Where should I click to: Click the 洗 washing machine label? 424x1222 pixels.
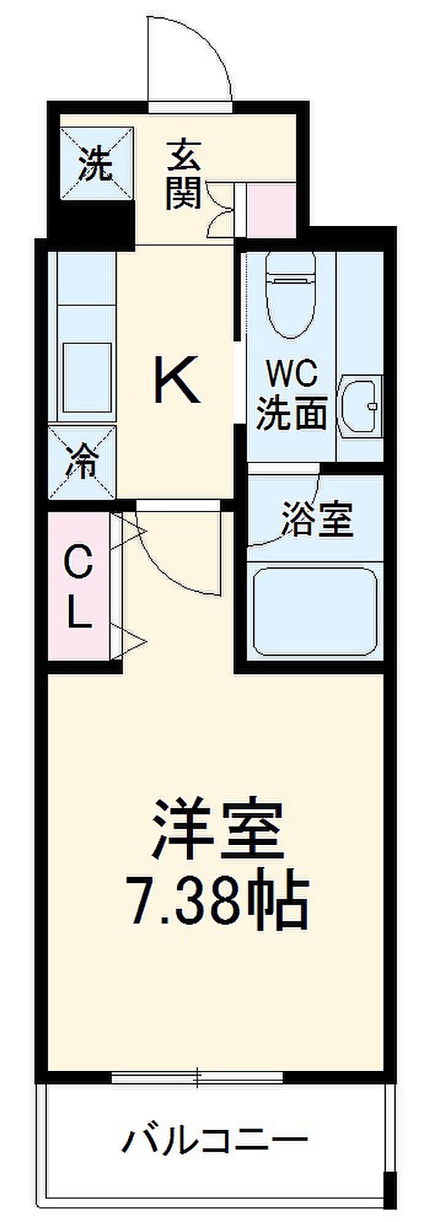(96, 164)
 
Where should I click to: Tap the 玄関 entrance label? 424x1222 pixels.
(183, 173)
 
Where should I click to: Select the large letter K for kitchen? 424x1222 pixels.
(176, 381)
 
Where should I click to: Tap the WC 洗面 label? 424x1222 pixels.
(291, 395)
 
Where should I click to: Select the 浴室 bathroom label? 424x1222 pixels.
(316, 519)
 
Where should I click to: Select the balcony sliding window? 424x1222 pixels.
(197, 1076)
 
